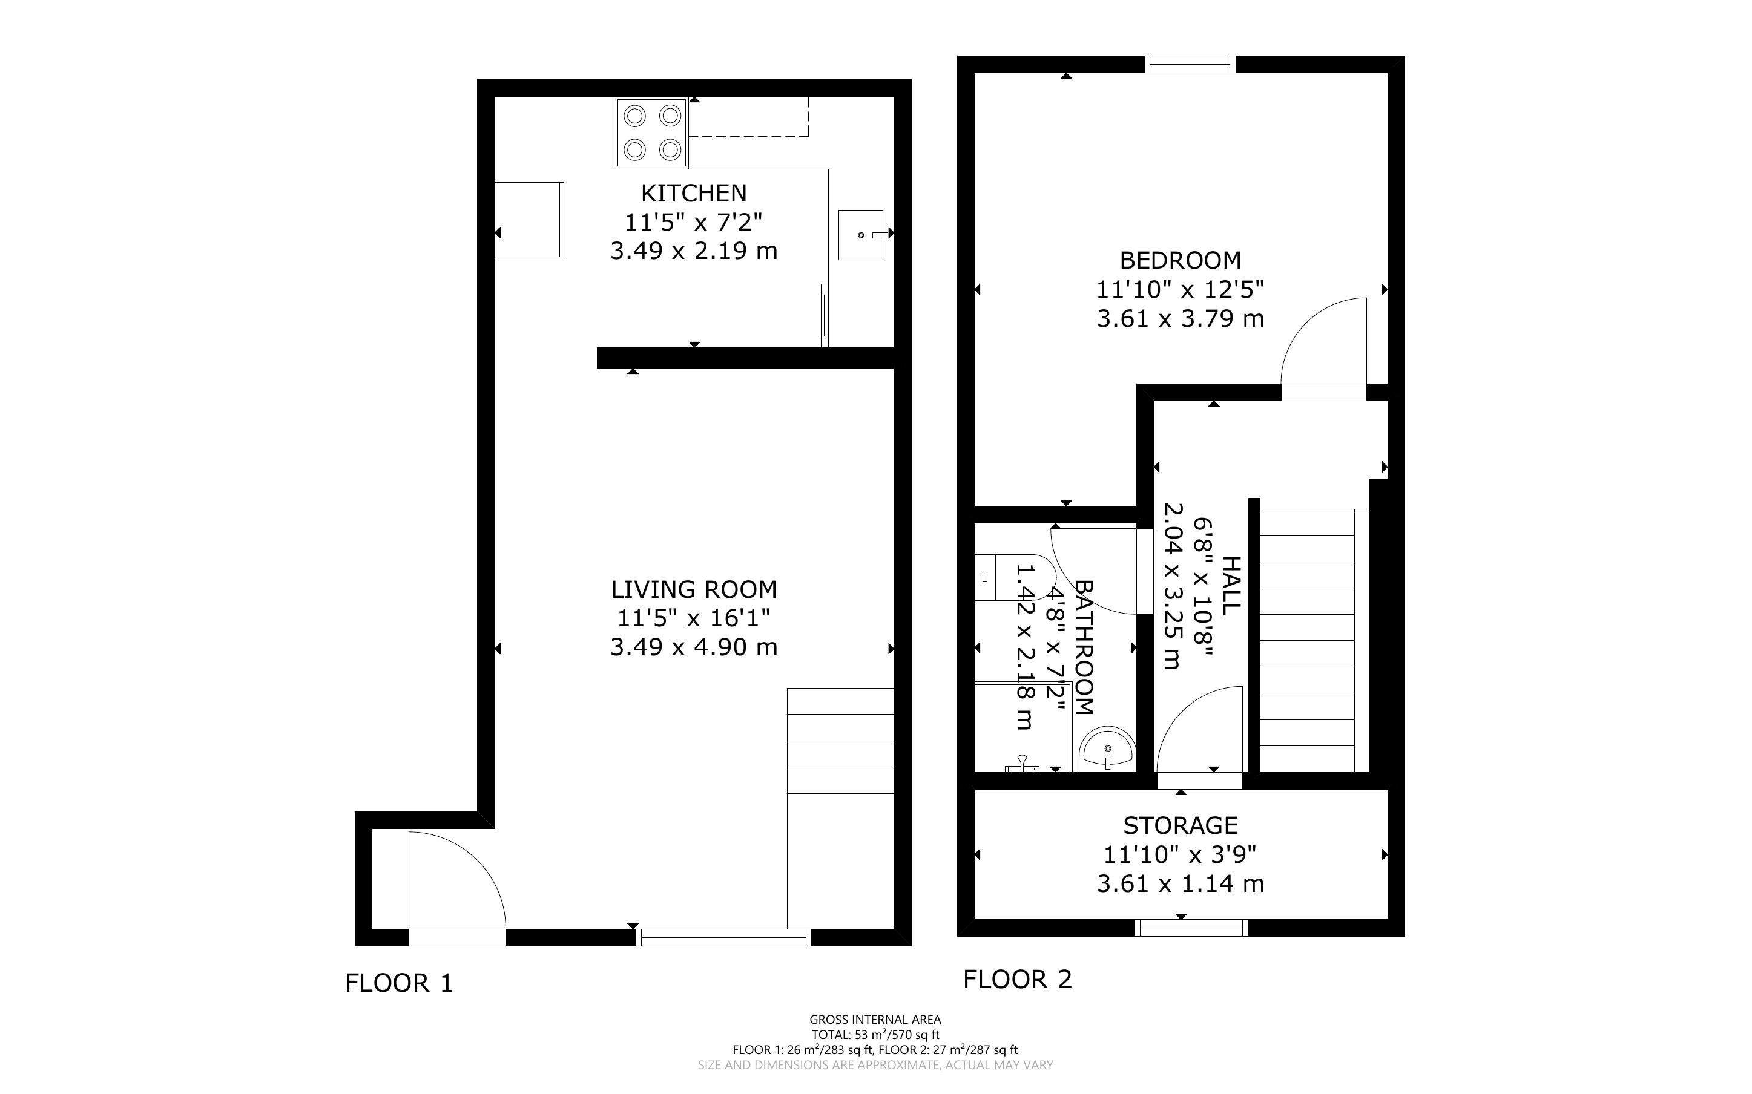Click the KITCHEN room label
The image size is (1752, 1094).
[x=693, y=193]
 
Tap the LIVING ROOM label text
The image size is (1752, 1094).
[x=694, y=590]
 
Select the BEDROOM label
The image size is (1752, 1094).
[x=1181, y=260]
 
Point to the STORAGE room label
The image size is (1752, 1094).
[x=1181, y=825]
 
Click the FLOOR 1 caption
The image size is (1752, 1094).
[x=399, y=983]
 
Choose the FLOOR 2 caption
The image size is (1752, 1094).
[x=1017, y=980]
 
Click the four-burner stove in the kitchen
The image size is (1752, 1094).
[x=651, y=133]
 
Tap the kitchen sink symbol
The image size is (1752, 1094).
[x=861, y=234]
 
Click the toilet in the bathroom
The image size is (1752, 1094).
[x=1013, y=577]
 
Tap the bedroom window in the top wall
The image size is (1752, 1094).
[x=1190, y=64]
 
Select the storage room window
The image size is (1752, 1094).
[x=1192, y=928]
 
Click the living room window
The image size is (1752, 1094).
[x=723, y=937]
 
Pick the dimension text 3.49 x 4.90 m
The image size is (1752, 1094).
[x=694, y=647]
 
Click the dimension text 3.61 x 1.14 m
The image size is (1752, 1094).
[x=1181, y=883]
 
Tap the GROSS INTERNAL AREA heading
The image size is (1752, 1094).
[x=875, y=1020]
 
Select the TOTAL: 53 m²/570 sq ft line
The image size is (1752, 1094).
[x=875, y=1035]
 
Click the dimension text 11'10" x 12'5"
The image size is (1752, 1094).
[x=1181, y=289]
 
